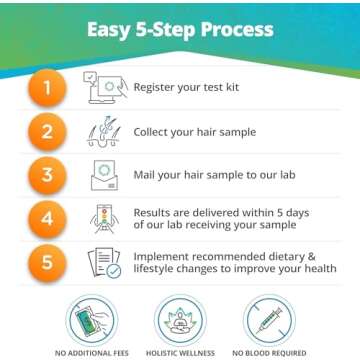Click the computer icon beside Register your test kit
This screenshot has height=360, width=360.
(105, 87)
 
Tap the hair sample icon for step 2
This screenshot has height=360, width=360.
(105, 131)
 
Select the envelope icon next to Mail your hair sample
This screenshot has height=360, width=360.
(105, 176)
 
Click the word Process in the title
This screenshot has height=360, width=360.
(226, 28)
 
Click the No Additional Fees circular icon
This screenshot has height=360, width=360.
(96, 322)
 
